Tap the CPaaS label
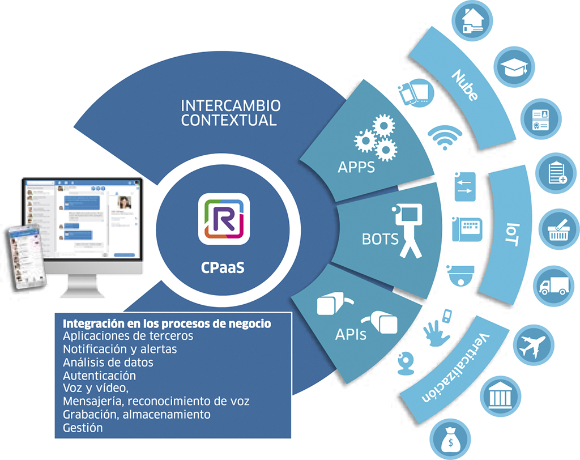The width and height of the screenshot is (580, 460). coord(223,267)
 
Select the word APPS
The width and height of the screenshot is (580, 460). coord(356,167)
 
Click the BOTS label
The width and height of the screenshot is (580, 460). coord(379,238)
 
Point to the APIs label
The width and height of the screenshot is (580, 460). coord(351,334)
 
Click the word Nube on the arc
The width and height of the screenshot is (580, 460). coord(465,85)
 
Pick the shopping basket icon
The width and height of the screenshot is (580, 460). coord(558,228)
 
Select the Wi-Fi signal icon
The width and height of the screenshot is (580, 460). coord(445,137)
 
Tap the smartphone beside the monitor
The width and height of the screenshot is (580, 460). coord(23,258)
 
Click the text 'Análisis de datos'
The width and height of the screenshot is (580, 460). coord(108,361)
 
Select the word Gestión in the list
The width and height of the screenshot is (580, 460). coord(83,427)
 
